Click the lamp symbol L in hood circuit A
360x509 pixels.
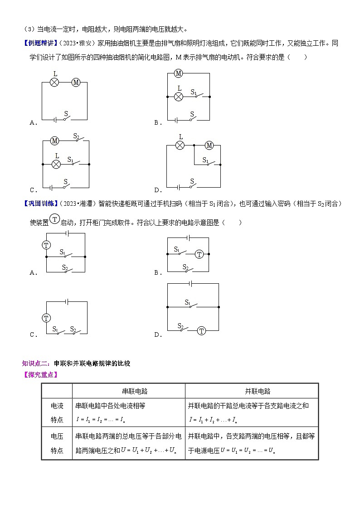54,82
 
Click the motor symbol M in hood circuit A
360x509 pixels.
76,82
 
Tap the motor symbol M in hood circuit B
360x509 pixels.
178,73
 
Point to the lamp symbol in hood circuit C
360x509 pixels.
56,164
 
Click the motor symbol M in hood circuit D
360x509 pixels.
209,145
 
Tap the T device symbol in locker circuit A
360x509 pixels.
46,245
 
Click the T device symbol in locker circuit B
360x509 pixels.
199,254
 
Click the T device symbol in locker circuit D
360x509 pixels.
202,331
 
